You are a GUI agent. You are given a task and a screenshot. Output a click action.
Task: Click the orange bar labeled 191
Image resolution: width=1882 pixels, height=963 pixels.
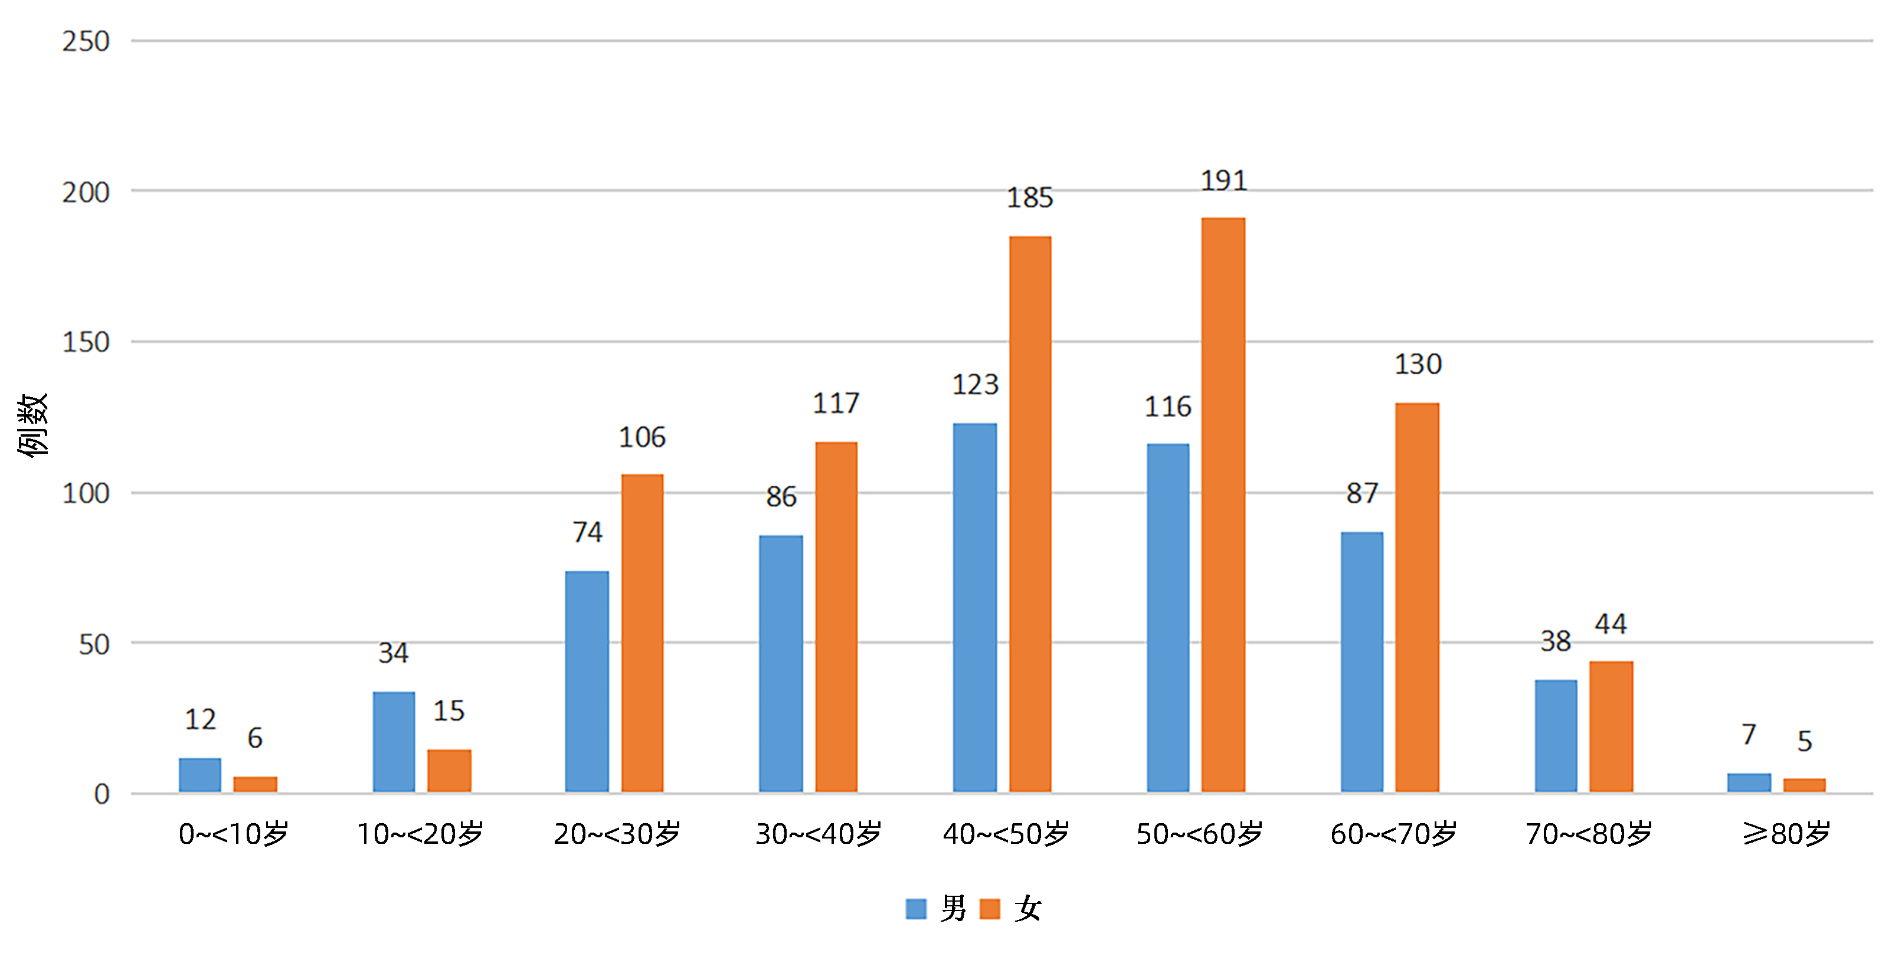point(1223,504)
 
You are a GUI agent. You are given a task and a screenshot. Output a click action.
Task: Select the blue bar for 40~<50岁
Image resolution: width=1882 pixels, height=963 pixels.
point(974,607)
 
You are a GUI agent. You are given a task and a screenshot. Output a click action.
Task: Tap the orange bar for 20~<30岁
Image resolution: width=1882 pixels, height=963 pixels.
point(642,633)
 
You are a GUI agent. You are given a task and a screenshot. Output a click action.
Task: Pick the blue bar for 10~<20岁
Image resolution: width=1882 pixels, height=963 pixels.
point(394,742)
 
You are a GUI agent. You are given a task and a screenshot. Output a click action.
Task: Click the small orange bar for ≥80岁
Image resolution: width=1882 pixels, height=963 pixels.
point(1804,785)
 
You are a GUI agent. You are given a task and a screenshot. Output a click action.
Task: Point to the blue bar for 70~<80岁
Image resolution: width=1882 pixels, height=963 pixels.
point(1556,736)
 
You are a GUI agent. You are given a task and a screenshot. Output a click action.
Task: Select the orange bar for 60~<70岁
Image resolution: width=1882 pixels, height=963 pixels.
point(1416,597)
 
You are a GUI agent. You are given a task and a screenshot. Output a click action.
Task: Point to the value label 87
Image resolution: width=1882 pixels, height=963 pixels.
point(1362,494)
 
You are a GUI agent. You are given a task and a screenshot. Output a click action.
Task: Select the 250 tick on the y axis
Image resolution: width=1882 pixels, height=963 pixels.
point(86,42)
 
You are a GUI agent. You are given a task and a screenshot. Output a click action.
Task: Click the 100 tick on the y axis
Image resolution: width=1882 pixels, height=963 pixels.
point(86,494)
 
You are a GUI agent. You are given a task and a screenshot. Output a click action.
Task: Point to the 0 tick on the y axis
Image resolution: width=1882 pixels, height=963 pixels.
point(102,794)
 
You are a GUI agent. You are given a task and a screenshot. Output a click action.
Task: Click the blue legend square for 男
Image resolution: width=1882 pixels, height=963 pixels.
point(915,908)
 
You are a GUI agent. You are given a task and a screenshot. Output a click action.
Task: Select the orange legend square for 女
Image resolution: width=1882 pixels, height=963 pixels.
point(989,908)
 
